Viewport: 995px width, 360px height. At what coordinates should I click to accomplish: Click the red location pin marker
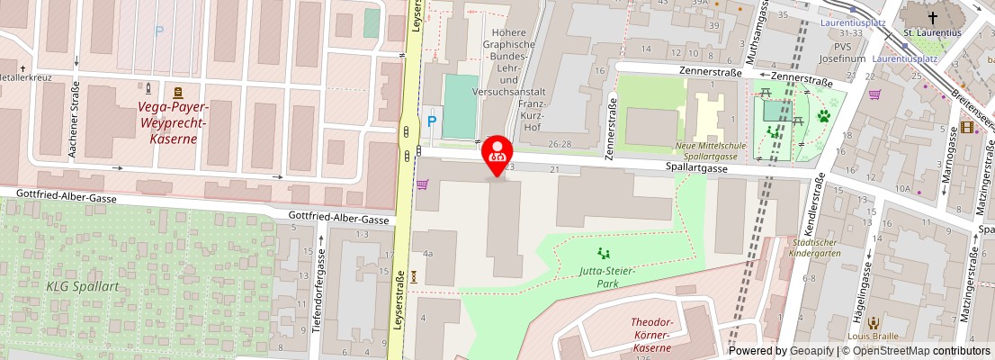[497, 155]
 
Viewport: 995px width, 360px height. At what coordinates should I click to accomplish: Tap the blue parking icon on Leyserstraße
[432, 121]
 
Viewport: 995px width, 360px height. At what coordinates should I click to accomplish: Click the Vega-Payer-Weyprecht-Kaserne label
[172, 122]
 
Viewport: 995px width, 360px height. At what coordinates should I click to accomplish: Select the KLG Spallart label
[83, 285]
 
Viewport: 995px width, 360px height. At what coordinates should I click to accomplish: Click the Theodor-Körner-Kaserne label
[651, 335]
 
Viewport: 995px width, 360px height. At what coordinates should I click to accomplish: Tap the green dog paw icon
[823, 115]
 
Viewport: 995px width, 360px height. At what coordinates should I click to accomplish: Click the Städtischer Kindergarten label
[817, 247]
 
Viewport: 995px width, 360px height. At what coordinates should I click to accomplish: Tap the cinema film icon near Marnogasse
[966, 127]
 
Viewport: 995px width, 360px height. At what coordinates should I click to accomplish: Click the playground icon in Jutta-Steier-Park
[603, 254]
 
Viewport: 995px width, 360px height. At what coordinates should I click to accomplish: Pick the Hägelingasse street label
[866, 283]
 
